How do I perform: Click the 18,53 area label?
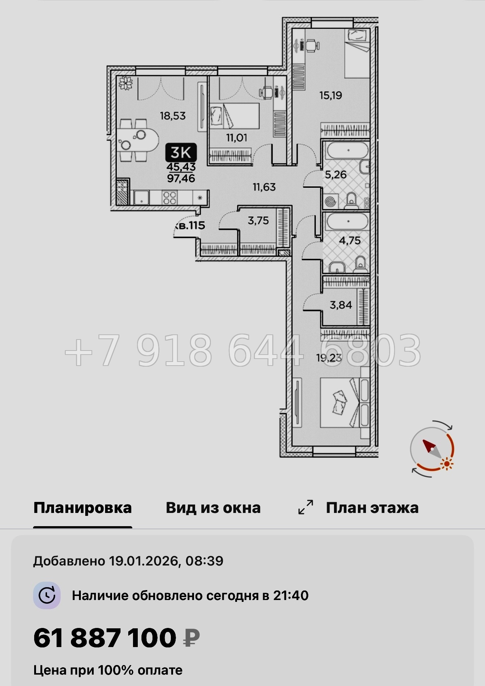pyautogui.click(x=173, y=116)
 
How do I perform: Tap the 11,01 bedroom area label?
pyautogui.click(x=237, y=138)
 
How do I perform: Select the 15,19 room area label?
pyautogui.click(x=331, y=96)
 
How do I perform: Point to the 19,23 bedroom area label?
pyautogui.click(x=329, y=357)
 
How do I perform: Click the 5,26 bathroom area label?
pyautogui.click(x=336, y=175)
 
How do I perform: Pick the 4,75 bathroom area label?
pyautogui.click(x=350, y=241)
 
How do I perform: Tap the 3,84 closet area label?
pyautogui.click(x=341, y=305)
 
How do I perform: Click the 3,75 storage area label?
pyautogui.click(x=258, y=221)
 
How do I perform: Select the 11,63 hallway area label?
pyautogui.click(x=264, y=187)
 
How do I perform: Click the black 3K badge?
pyautogui.click(x=181, y=152)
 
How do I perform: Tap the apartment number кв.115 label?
pyautogui.click(x=190, y=226)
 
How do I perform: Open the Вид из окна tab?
pyautogui.click(x=213, y=508)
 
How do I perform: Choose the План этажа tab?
pyautogui.click(x=372, y=508)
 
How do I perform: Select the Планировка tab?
pyautogui.click(x=83, y=508)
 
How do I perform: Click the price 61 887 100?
pyautogui.click(x=105, y=638)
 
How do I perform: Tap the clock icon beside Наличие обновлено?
pyautogui.click(x=47, y=596)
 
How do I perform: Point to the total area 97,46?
pyautogui.click(x=181, y=179)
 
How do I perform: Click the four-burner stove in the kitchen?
pyautogui.click(x=170, y=198)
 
